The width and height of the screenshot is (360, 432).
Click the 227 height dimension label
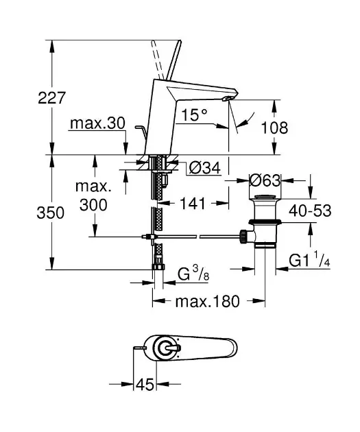pyautogui.click(x=52, y=97)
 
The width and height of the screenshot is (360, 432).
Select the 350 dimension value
pyautogui.click(x=51, y=213)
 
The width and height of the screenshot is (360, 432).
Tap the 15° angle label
pyautogui.click(x=194, y=115)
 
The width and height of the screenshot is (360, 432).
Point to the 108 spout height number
pyautogui.click(x=274, y=128)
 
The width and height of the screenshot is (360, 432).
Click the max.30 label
pyautogui.click(x=97, y=123)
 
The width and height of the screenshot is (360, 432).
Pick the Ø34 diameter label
pyautogui.click(x=205, y=168)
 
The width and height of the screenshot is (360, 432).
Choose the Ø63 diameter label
pyautogui.click(x=265, y=180)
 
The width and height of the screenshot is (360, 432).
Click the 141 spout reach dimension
pyautogui.click(x=193, y=204)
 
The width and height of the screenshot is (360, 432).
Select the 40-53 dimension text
pyautogui.click(x=310, y=211)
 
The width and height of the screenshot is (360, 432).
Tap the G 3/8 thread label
pyautogui.click(x=193, y=274)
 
